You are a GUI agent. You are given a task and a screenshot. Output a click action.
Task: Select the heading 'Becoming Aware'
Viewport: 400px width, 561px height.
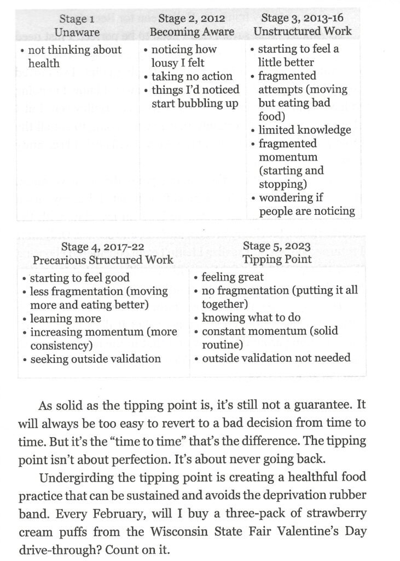coord(192,32)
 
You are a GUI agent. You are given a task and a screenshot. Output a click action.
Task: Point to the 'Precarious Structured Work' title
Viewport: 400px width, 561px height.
coord(103,260)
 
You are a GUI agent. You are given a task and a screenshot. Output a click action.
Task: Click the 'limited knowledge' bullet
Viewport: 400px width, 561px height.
coord(304,130)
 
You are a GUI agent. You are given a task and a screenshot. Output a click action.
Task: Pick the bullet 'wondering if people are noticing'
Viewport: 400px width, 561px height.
coord(306,204)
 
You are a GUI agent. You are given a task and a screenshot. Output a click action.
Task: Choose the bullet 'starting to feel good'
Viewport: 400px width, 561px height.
coord(79,278)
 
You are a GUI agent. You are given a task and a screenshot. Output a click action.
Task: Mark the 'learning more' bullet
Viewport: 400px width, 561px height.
coord(65,318)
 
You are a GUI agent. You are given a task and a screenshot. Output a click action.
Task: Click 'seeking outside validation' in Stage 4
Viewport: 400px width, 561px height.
coord(95,359)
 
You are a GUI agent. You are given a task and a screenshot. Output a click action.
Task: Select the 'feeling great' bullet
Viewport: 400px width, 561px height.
coord(233,277)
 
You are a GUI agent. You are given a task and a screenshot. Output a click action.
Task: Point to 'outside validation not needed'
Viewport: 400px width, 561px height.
coord(276,358)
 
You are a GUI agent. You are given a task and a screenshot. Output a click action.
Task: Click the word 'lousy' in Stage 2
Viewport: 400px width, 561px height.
coord(161,63)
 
